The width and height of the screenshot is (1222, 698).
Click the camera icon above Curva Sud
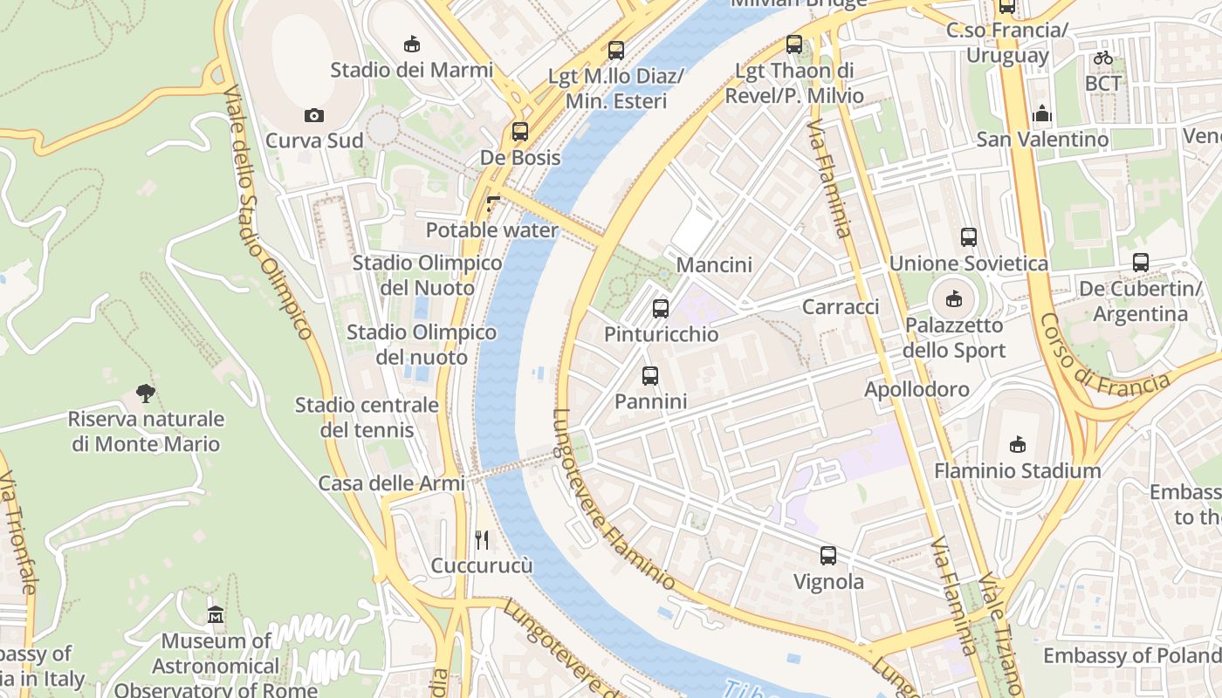(x=314, y=116)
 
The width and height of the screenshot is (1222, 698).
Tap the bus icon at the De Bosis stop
(x=520, y=132)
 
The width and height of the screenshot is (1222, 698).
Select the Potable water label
(x=491, y=230)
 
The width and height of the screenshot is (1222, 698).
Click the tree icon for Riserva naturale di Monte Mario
(x=146, y=393)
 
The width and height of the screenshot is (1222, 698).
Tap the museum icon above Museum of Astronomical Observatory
(x=216, y=615)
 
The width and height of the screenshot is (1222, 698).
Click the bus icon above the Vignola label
(x=827, y=555)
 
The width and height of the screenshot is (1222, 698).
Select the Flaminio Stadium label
(x=1017, y=471)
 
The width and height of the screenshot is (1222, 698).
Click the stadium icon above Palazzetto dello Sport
(x=954, y=298)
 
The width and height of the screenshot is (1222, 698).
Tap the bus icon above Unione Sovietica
(x=968, y=236)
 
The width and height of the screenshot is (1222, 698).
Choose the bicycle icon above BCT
(x=1103, y=58)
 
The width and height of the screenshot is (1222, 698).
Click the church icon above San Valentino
(x=1042, y=113)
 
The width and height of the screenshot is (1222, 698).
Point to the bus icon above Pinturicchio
(x=661, y=308)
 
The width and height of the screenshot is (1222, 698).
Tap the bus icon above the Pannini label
(x=650, y=376)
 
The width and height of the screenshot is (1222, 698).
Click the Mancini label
(x=714, y=264)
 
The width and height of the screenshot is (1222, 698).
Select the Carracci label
(x=841, y=307)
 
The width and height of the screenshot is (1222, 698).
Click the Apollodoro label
(x=916, y=389)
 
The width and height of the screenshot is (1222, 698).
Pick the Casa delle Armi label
(x=391, y=483)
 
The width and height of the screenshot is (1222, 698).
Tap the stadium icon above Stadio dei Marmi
(x=411, y=44)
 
